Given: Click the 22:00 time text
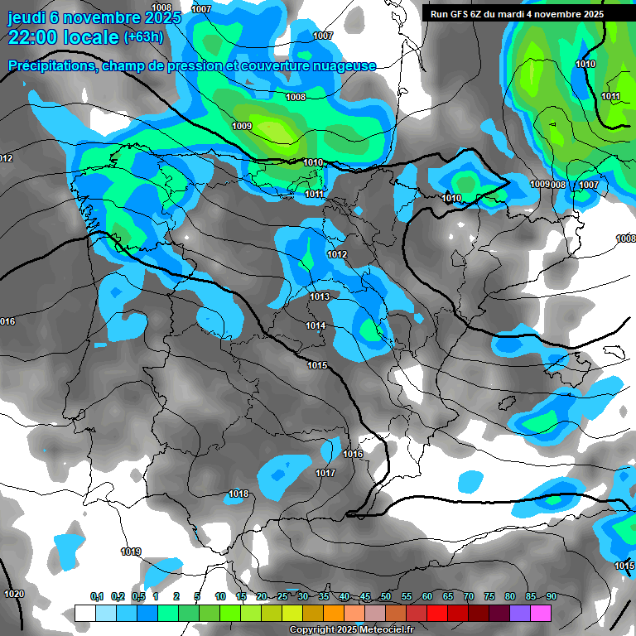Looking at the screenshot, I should tap(34, 38).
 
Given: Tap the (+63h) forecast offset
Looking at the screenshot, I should tap(142, 37).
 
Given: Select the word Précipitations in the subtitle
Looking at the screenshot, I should tap(49, 65).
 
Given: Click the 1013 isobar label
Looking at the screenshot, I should tap(320, 296).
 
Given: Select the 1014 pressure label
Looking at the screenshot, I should tap(316, 325).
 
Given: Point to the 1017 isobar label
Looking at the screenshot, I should tap(325, 473).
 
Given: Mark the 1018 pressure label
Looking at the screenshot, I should tap(238, 494).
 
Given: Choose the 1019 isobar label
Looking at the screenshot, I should tap(131, 552).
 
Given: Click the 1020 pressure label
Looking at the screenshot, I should tap(14, 594).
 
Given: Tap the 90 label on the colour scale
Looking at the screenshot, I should tap(552, 596).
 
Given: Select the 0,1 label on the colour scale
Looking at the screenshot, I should tap(97, 596).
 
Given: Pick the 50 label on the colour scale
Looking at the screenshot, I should tap(386, 596).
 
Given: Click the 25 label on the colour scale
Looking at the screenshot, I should tap(282, 596).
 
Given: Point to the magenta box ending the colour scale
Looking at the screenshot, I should tap(541, 613).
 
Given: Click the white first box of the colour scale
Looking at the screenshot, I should tap(84, 613).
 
